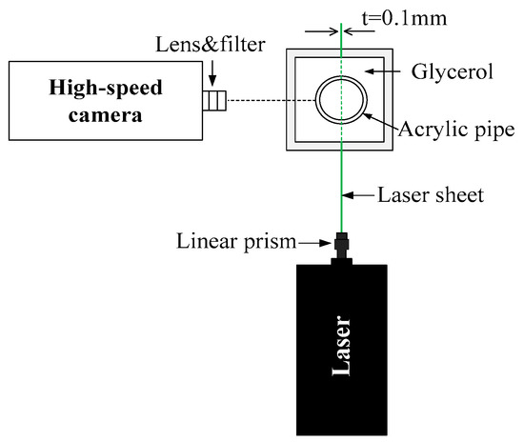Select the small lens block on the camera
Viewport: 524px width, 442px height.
click(x=214, y=100)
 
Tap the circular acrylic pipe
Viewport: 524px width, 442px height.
click(x=341, y=100)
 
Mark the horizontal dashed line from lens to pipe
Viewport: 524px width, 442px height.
click(x=272, y=100)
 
